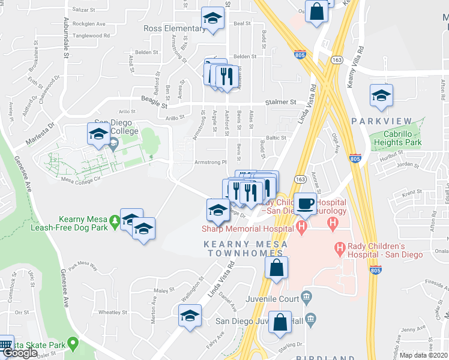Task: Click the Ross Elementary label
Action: (174, 28)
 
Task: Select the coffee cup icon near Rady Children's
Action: (306, 204)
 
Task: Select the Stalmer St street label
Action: (286, 103)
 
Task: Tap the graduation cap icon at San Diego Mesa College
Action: (98, 135)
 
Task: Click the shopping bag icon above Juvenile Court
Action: (276, 269)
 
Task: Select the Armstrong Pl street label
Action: (210, 162)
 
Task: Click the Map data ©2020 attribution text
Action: (423, 355)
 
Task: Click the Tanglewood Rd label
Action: (90, 36)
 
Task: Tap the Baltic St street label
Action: (276, 137)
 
